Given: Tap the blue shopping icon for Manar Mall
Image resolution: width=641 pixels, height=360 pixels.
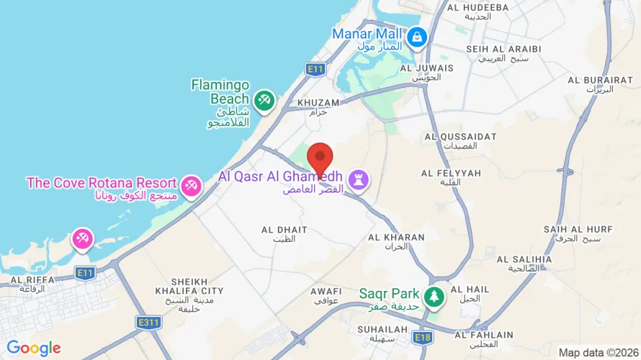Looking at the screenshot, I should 416,35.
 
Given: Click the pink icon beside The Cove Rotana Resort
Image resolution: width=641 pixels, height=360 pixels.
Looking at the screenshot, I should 192,185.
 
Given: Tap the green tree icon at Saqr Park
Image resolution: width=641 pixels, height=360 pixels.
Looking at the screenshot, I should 434,295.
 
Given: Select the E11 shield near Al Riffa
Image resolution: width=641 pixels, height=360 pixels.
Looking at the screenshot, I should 86,272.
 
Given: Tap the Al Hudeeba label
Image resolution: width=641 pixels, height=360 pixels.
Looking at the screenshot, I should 478,12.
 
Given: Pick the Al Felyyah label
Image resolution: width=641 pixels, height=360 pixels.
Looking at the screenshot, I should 451,177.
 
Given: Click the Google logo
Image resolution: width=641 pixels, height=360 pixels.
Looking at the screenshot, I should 34,348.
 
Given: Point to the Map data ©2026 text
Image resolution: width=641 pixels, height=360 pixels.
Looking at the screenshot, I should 599,353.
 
